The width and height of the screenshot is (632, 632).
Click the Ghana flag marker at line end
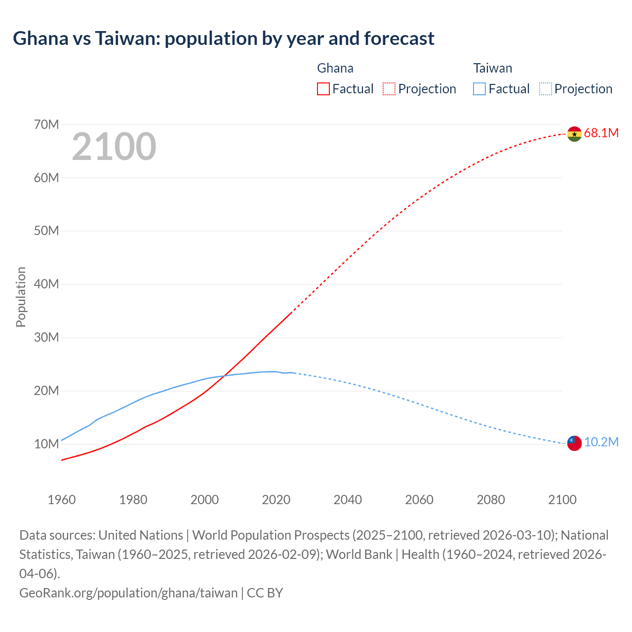pyautogui.click(x=574, y=134)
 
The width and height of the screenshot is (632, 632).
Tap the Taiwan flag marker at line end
pyautogui.click(x=574, y=443)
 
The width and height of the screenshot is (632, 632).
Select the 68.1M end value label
pyautogui.click(x=601, y=133)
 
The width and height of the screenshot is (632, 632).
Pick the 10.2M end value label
pyautogui.click(x=601, y=442)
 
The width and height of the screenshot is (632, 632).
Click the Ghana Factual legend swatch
pyautogui.click(x=323, y=89)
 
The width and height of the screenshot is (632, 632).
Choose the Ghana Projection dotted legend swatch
pyautogui.click(x=389, y=89)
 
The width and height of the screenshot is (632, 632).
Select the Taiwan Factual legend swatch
pyautogui.click(x=479, y=89)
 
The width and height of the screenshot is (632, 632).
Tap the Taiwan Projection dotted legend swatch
pyautogui.click(x=545, y=89)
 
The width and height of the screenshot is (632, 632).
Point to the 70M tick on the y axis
pyautogui.click(x=46, y=124)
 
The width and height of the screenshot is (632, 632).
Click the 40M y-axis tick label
pyautogui.click(x=46, y=284)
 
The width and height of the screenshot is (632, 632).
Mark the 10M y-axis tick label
pyautogui.click(x=46, y=444)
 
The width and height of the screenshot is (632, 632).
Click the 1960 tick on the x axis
pyautogui.click(x=62, y=500)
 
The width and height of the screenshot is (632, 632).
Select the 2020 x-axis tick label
pyautogui.click(x=276, y=500)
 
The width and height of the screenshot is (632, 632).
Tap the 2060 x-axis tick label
pyautogui.click(x=419, y=500)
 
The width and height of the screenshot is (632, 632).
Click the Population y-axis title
pyautogui.click(x=21, y=297)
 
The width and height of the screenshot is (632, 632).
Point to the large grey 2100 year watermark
pyautogui.click(x=114, y=147)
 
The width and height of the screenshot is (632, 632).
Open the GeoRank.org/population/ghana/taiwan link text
pyautogui.click(x=128, y=592)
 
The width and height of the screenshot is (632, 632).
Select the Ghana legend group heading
pyautogui.click(x=335, y=68)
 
